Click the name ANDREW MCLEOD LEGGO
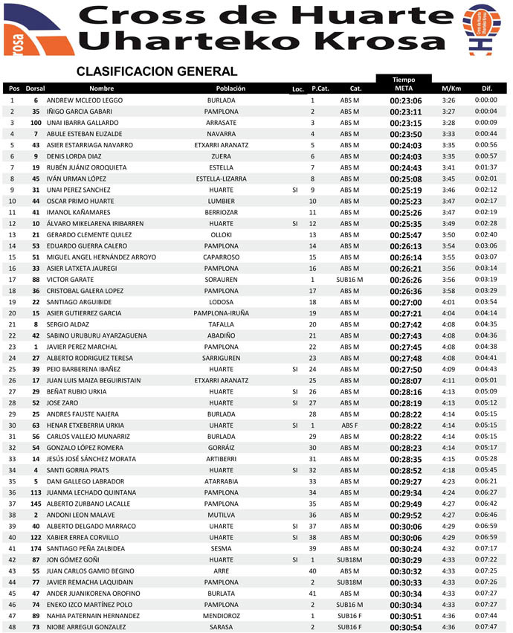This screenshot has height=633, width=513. point(84,100)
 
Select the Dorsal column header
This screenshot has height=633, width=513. point(35,89)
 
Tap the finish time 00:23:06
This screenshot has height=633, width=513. point(405,100)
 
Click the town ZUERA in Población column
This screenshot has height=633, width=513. point(221,156)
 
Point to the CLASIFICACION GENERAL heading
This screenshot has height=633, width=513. point(156,71)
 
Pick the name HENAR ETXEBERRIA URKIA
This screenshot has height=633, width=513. point(85,425)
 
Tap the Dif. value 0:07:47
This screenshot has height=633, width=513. point(485,627)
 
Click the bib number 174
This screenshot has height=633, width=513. point(35,548)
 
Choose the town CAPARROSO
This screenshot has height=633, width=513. point(221,257)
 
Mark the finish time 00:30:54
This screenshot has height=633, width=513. point(405,627)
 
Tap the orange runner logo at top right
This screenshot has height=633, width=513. point(482,29)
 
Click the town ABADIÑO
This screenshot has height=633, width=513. point(221,335)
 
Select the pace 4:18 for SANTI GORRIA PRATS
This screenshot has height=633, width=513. point(448,470)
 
